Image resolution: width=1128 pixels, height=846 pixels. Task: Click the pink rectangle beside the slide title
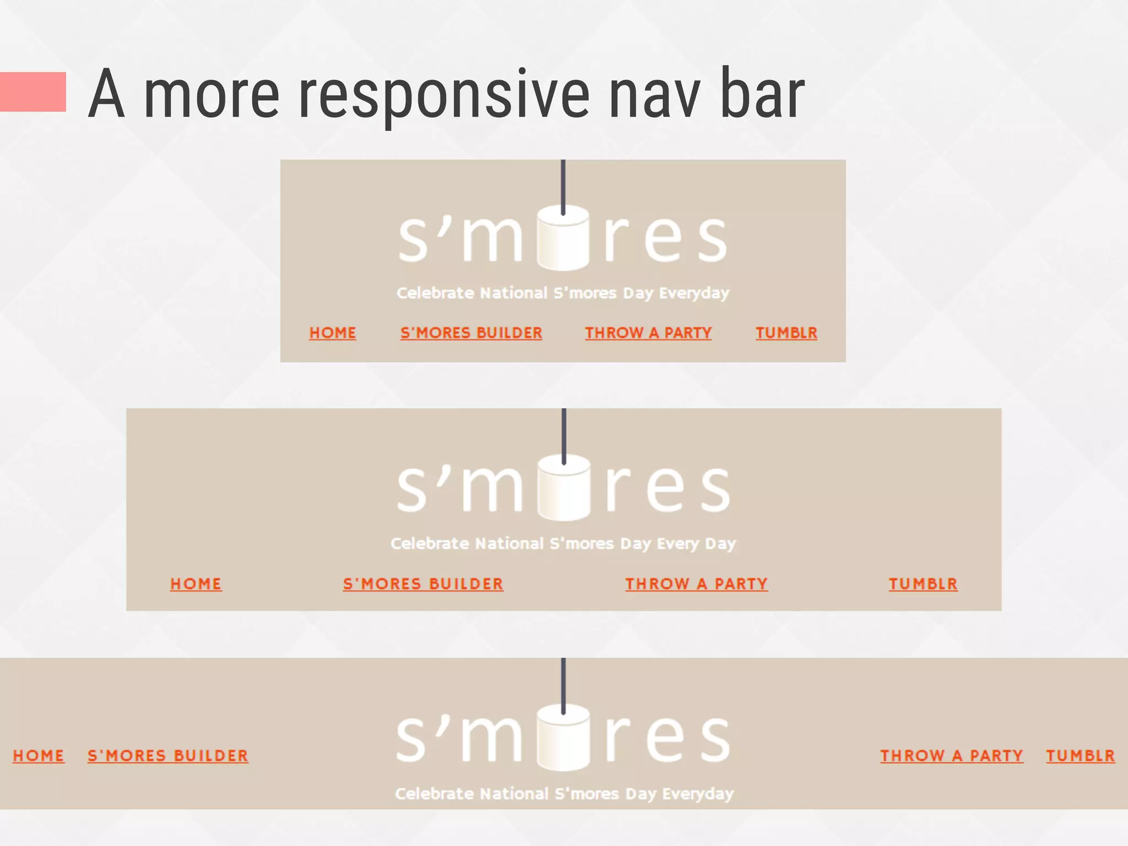(33, 92)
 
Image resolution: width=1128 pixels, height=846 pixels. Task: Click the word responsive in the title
(444, 95)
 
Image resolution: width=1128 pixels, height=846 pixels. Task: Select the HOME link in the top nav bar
(333, 333)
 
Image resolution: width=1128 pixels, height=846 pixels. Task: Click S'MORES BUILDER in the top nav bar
(471, 333)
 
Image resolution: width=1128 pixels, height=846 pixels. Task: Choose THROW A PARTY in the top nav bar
(648, 333)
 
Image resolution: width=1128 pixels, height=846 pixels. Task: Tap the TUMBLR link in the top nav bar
(786, 333)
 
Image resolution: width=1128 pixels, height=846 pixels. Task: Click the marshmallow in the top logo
(563, 240)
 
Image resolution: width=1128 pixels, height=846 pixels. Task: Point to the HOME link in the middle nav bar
(196, 584)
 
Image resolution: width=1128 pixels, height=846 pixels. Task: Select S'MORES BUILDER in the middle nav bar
(423, 584)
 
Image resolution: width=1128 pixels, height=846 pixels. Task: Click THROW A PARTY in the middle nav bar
(696, 584)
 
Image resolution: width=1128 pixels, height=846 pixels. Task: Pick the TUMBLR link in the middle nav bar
(923, 584)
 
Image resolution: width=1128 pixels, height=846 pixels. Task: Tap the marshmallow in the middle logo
(563, 489)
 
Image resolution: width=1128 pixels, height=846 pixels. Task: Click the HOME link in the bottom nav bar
(39, 756)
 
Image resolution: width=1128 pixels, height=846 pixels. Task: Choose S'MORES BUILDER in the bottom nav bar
(168, 756)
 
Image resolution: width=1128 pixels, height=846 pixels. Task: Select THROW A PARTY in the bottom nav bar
(952, 756)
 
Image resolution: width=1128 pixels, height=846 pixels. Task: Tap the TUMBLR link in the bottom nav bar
(1081, 756)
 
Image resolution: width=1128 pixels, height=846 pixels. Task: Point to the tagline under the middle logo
(563, 544)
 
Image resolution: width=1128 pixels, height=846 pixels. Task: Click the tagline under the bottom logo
(564, 794)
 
